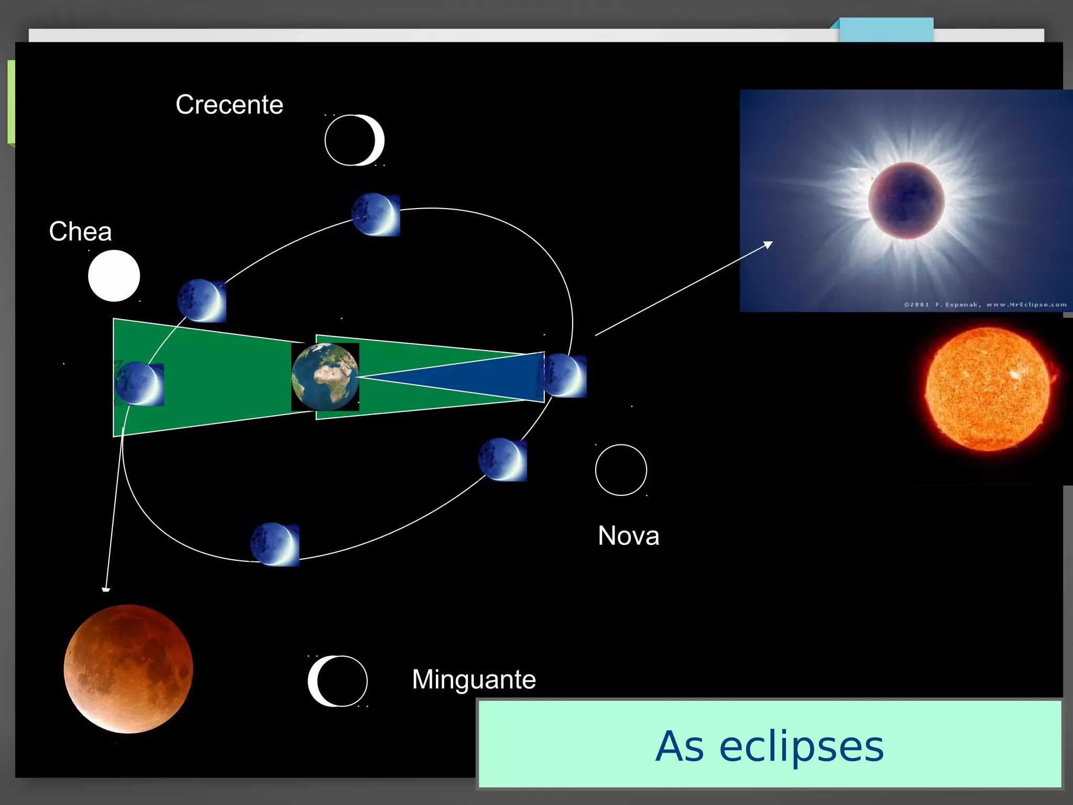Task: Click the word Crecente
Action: pos(229,104)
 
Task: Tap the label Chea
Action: pos(80,231)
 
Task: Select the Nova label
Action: pos(628,536)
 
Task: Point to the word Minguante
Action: pos(474,679)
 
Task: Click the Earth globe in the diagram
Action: pos(325,377)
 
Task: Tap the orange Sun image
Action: pos(988,389)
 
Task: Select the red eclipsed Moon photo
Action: pos(128,669)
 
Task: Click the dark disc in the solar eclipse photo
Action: pos(906,200)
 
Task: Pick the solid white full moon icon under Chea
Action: pos(114,276)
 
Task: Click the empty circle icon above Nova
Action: pos(621,470)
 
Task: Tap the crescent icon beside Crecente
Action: pos(355,140)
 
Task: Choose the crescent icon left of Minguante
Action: pos(337,681)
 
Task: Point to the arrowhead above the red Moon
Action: pos(106,588)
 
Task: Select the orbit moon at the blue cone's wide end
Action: pos(565,375)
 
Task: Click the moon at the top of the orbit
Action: pos(376,214)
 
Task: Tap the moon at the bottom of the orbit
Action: pos(275,544)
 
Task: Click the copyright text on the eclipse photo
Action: pos(985,304)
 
